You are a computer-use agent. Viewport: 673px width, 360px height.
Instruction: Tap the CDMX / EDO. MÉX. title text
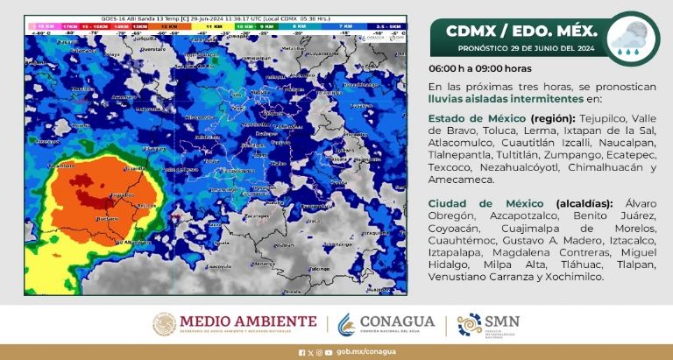(517, 32)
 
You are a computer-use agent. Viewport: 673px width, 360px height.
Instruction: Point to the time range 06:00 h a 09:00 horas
(479, 67)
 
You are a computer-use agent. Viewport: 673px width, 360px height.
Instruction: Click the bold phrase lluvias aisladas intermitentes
(487, 98)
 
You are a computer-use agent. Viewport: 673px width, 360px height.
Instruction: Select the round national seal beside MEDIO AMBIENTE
(166, 324)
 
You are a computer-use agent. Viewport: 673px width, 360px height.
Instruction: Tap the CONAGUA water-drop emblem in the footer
(348, 325)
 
